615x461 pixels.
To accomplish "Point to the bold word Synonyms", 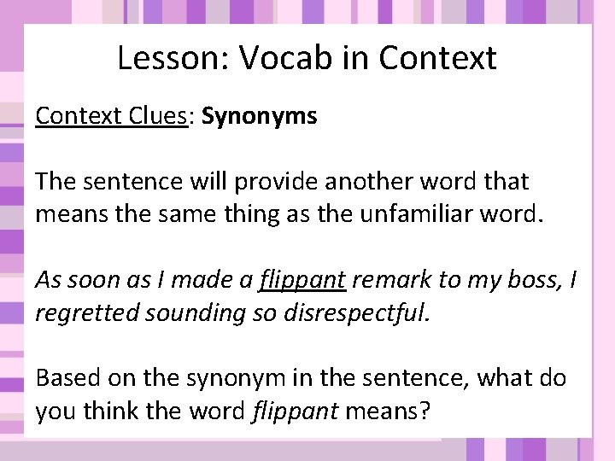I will click(260, 116).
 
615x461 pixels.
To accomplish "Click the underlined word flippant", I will click(302, 280).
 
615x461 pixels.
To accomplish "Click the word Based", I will click(65, 377).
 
